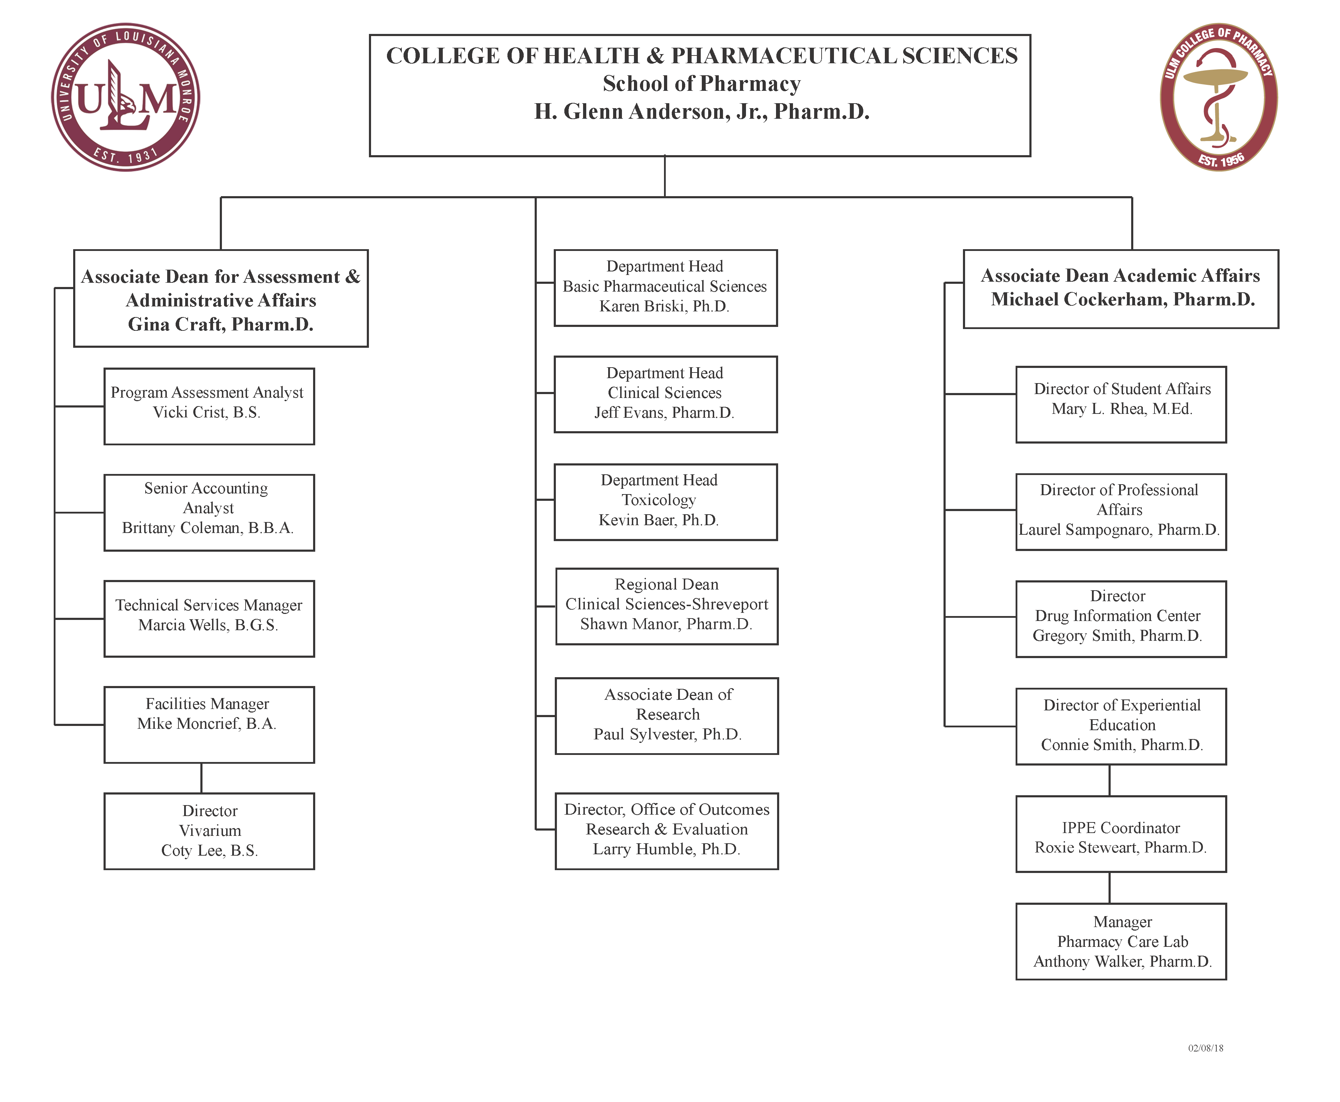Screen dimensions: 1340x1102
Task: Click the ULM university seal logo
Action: point(126,97)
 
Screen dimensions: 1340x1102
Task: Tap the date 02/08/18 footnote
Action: point(1205,1048)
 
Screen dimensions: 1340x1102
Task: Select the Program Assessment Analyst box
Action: point(209,406)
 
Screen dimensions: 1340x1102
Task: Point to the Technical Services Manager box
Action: point(209,618)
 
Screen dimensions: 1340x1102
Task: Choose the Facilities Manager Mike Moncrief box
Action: point(209,724)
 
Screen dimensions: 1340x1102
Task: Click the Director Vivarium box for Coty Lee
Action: point(209,831)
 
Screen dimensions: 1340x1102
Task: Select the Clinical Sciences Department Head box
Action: point(665,394)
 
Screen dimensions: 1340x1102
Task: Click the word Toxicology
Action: point(659,500)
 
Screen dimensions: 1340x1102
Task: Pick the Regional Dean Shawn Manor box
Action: point(666,606)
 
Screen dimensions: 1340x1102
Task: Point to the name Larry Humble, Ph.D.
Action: point(666,849)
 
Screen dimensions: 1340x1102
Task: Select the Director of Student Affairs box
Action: point(1121,404)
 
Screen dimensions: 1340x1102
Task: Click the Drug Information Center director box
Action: point(1121,619)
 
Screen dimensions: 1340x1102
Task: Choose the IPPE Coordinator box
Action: point(1121,834)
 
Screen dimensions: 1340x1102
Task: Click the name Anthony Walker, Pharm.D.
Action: point(1122,962)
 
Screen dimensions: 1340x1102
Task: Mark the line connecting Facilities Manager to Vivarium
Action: point(201,778)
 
